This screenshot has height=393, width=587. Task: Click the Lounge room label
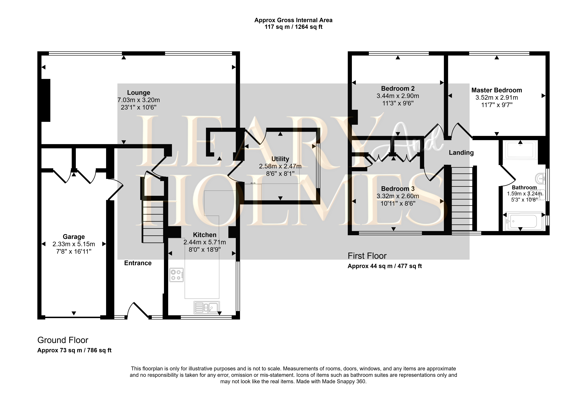pos(139,93)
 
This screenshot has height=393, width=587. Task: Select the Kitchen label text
pos(205,235)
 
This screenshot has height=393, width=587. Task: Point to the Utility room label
pos(280,159)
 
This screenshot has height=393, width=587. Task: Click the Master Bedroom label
pos(497,90)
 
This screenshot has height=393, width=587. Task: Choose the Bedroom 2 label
pos(398,88)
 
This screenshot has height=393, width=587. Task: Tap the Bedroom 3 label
pos(398,189)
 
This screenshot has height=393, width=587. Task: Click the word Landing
pos(461,153)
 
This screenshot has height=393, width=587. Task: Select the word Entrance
pos(138,263)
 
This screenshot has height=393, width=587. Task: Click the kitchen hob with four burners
pos(176,275)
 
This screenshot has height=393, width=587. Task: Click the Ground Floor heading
pos(63,340)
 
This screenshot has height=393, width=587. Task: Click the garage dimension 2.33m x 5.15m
pos(74,244)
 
